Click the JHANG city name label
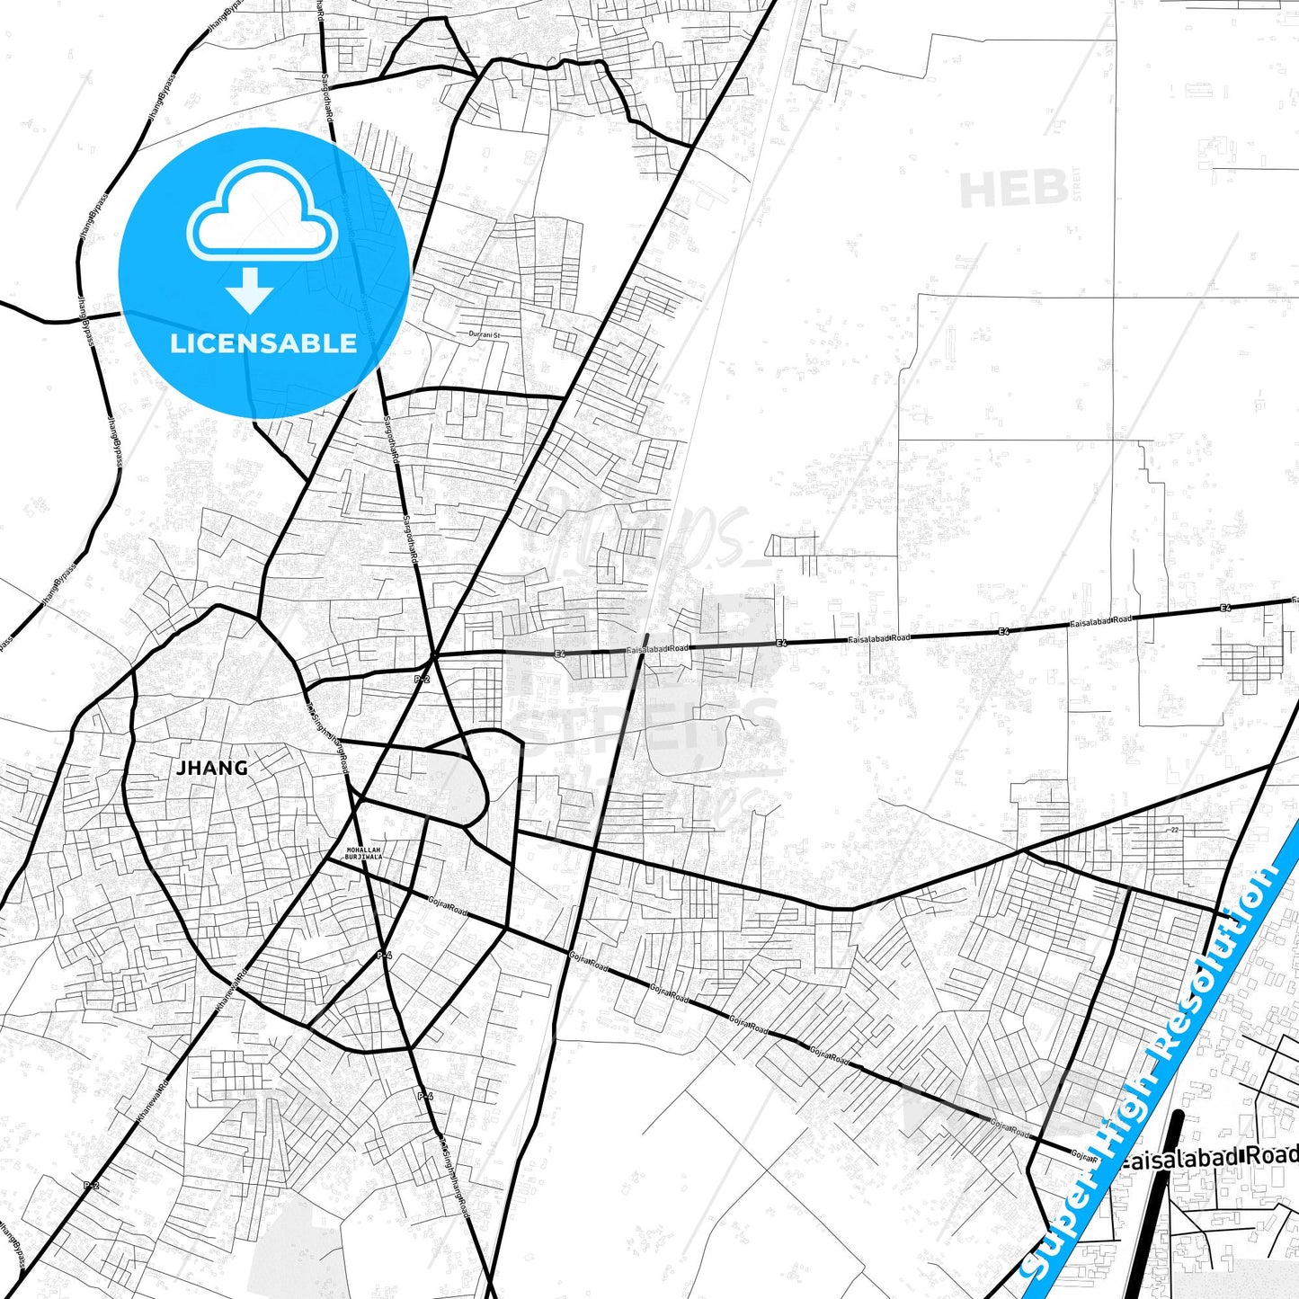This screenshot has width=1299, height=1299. pos(212,768)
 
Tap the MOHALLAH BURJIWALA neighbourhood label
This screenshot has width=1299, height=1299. pos(364,853)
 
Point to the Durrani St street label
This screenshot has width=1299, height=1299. pos(484,334)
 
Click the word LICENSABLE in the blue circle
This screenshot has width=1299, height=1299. pos(263,343)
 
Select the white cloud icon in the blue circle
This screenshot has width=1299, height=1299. pos(262,213)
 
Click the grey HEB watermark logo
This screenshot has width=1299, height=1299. pos(1014,189)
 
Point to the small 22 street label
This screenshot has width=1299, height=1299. pos(1174,830)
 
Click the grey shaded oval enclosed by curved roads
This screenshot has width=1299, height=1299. pos(457,784)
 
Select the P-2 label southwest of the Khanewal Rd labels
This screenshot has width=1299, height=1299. pos(91,1186)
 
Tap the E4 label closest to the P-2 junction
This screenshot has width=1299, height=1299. pos(560,654)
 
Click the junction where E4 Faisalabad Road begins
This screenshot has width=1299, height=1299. pos(435,654)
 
